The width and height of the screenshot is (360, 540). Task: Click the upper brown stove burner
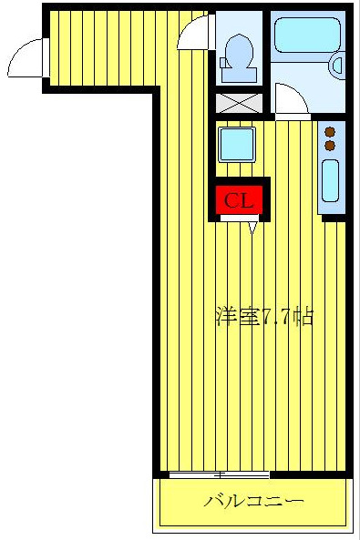pos(330,132)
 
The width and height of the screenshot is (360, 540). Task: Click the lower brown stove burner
pos(330,145)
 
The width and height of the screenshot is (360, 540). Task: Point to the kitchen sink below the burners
pos(330,180)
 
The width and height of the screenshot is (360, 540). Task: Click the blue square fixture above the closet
pos(236,144)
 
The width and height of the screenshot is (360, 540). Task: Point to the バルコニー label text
pos(252,501)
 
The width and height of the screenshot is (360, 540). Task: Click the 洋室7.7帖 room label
pos(264,318)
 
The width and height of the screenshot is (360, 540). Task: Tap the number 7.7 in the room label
pos(277,318)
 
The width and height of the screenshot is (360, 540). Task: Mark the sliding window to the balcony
pos(219,474)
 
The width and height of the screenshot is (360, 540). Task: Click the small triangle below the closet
pos(252,228)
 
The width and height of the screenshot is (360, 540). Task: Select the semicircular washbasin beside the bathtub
pos(338,64)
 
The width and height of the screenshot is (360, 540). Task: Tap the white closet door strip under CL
pos(242,218)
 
